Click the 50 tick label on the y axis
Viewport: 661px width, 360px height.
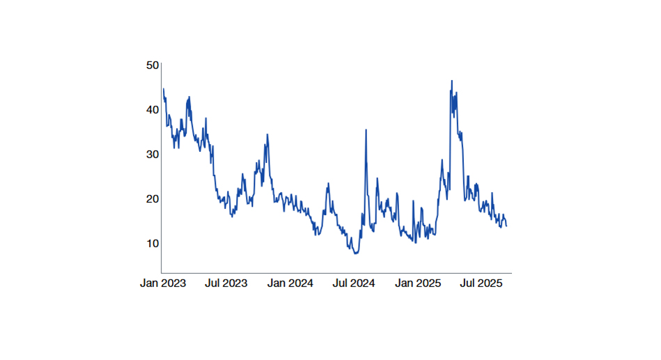(153, 65)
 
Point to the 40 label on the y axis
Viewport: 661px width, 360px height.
(153, 110)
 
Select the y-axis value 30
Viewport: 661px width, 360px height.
(153, 155)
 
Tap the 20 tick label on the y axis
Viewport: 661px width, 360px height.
(153, 199)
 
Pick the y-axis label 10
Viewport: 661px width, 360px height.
(153, 244)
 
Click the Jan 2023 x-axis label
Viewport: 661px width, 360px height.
(163, 284)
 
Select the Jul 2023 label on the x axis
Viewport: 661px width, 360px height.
(226, 284)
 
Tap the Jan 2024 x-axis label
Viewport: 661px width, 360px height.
(290, 284)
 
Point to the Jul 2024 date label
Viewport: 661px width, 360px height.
(354, 284)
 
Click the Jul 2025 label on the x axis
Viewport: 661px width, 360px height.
(481, 284)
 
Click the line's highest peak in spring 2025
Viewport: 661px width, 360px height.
(451, 81)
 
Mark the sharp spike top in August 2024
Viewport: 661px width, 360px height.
(366, 130)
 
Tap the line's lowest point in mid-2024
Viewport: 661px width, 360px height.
(356, 253)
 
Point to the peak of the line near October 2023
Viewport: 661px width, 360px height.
(267, 135)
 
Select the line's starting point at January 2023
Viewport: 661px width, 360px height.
(163, 88)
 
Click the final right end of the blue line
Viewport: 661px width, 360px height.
(506, 226)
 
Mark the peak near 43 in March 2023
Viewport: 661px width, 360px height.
(189, 97)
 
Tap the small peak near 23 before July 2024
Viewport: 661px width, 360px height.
(328, 184)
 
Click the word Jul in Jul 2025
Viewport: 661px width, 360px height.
(469, 284)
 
